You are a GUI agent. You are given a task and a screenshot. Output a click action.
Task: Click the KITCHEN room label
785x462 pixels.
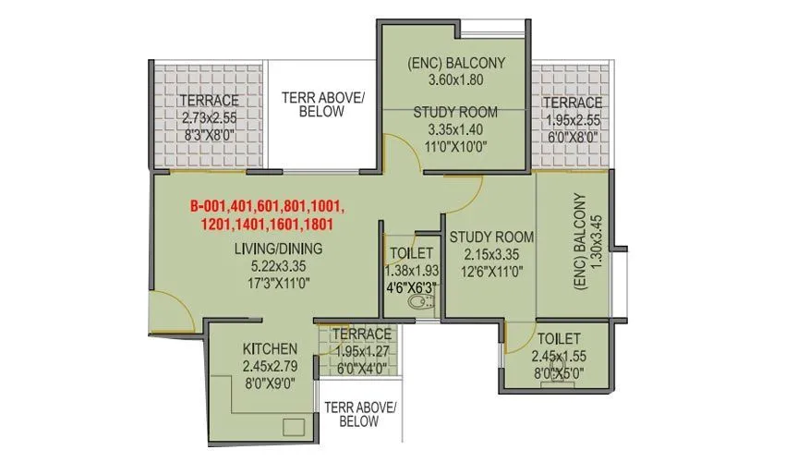(270, 348)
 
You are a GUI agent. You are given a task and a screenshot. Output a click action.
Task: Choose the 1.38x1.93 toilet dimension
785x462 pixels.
(410, 270)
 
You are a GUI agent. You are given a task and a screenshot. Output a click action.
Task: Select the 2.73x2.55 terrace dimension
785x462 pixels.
(209, 118)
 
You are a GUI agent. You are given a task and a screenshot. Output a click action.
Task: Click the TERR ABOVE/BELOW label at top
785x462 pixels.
(322, 104)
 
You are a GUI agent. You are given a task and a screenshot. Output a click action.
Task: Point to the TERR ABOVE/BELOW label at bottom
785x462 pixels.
(359, 414)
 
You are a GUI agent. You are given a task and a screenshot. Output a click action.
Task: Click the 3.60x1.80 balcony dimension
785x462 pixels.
(455, 80)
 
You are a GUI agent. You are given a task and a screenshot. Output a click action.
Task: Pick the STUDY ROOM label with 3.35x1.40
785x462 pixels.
(455, 112)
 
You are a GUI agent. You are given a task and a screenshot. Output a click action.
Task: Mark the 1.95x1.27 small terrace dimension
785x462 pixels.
(361, 350)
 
